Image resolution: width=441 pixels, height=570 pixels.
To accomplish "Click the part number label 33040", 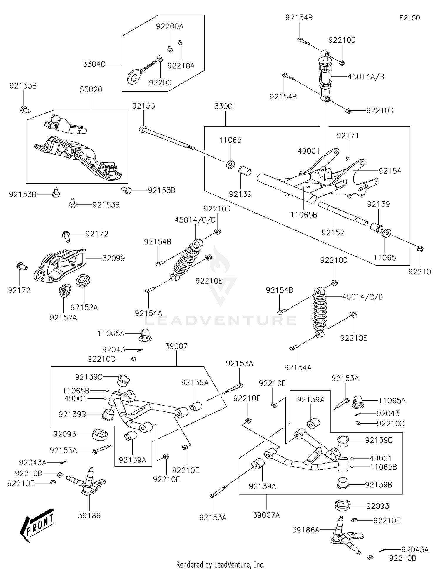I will click(x=94, y=64).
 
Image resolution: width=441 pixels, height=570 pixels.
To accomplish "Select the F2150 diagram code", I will click(x=409, y=18).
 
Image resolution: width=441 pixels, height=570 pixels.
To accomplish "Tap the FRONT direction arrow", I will click(x=37, y=525).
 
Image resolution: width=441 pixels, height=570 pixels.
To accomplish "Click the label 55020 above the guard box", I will click(x=91, y=90).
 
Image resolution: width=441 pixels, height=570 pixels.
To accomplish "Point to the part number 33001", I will click(x=225, y=106).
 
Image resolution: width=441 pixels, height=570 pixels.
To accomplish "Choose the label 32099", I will click(x=113, y=258).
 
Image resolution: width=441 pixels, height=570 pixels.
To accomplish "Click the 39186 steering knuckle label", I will click(x=89, y=515).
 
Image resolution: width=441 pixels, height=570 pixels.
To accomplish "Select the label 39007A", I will click(x=266, y=515).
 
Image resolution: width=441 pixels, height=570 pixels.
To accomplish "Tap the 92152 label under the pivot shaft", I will click(x=333, y=233).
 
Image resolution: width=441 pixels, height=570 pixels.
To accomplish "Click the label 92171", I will click(x=348, y=136).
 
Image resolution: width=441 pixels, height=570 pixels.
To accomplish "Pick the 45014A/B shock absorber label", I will click(x=366, y=76).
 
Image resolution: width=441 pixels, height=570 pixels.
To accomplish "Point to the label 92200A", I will click(x=170, y=26).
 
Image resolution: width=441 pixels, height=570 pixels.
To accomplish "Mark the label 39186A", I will click(x=306, y=530).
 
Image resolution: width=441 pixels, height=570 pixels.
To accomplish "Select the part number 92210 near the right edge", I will click(x=420, y=272).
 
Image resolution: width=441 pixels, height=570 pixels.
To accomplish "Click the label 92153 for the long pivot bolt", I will click(x=143, y=106).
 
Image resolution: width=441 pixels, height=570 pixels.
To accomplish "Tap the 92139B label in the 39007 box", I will click(x=72, y=414).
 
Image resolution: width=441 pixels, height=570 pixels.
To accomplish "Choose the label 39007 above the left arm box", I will click(x=176, y=346).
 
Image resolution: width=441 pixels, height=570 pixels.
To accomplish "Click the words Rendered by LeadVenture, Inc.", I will click(x=220, y=565).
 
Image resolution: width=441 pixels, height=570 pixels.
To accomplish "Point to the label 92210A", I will click(x=181, y=66).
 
